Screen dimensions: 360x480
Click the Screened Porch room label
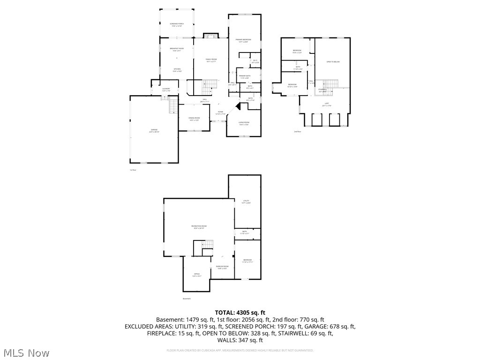(x=176, y=24)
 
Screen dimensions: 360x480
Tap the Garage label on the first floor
(x=154, y=131)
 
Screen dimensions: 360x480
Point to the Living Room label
(x=244, y=123)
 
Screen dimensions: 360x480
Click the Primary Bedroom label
(x=244, y=40)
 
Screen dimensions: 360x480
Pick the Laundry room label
(x=166, y=89)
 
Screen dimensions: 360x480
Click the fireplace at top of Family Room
(x=210, y=36)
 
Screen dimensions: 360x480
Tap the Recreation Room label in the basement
(x=199, y=227)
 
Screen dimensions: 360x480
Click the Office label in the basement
(x=197, y=275)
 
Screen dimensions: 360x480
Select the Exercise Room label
(x=222, y=267)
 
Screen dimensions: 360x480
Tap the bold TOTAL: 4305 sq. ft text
(x=240, y=312)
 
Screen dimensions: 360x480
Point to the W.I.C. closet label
(x=255, y=61)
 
